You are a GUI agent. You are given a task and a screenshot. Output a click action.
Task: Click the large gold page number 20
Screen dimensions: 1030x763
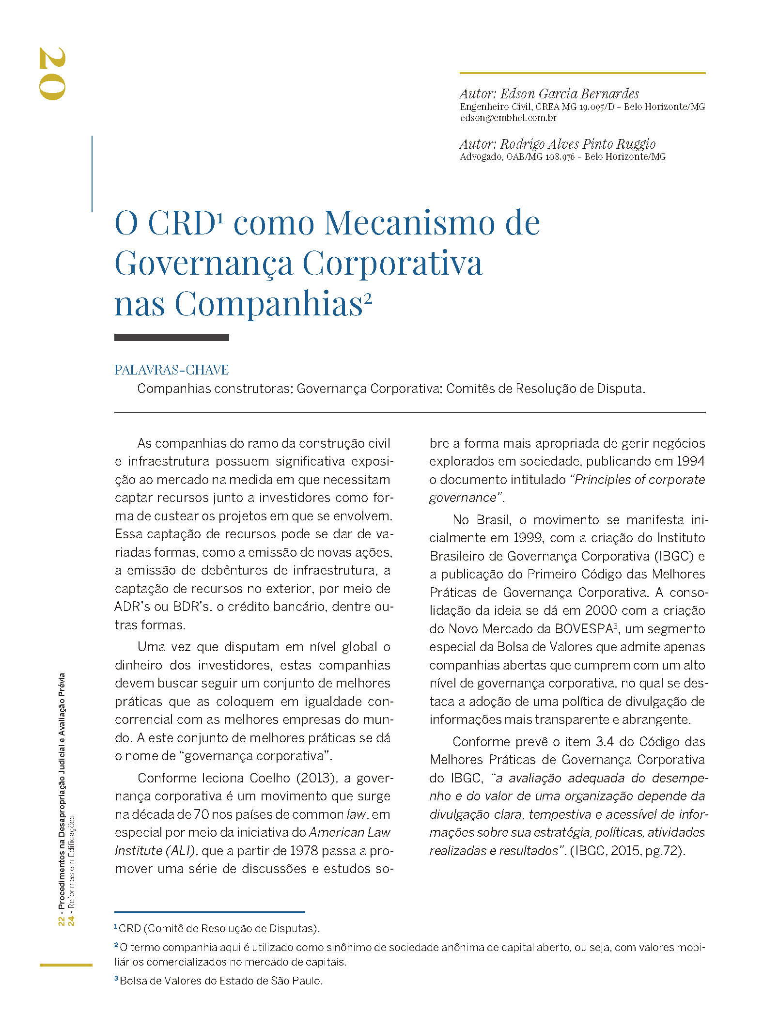pos(52,74)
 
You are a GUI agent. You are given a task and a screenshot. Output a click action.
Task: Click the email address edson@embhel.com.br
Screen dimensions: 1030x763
pos(508,118)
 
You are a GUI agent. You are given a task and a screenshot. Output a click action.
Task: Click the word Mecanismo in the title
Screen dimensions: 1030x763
pos(409,223)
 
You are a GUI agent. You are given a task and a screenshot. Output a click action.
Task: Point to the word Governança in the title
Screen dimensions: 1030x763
pos(203,264)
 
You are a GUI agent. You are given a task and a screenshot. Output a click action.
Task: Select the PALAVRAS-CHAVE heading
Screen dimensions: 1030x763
pos(171,370)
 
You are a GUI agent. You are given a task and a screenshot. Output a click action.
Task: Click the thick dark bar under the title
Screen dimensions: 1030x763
pos(171,338)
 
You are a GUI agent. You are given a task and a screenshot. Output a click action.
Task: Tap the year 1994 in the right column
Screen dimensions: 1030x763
pos(690,461)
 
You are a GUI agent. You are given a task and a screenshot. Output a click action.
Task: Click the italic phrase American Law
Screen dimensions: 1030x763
pos(349,832)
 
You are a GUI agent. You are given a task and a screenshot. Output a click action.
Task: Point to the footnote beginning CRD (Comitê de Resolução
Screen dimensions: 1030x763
pos(218,928)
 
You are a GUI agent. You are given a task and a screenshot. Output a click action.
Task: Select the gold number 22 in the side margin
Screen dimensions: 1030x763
pos(62,921)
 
